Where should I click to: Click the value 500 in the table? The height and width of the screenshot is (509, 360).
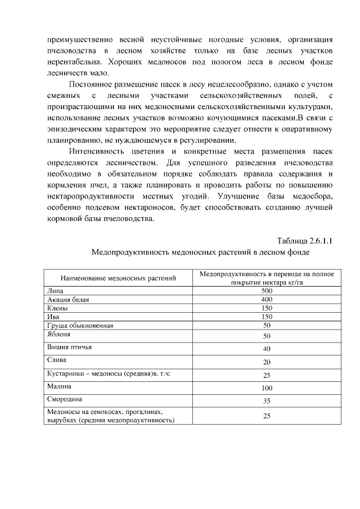[267, 291]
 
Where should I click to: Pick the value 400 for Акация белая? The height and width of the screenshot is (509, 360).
[267, 300]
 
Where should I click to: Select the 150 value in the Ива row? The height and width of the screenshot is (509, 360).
[267, 317]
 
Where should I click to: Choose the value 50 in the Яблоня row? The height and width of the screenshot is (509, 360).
[267, 336]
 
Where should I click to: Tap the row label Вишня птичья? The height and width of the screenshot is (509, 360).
[69, 347]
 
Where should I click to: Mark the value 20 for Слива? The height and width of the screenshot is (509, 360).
[267, 362]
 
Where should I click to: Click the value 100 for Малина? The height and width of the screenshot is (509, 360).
[267, 388]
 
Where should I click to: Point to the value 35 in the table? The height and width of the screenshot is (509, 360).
[267, 401]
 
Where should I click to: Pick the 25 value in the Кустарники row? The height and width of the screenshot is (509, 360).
[267, 375]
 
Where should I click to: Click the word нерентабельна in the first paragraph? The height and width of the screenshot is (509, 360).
[72, 61]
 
